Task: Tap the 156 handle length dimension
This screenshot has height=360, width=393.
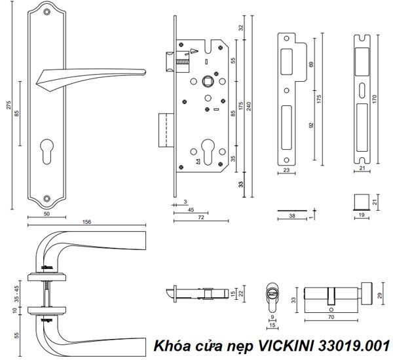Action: tap(86, 221)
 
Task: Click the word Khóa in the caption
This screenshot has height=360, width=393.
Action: tap(167, 346)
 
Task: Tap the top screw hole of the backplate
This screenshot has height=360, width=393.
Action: tap(46, 12)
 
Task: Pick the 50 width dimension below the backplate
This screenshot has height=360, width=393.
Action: tap(47, 214)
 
